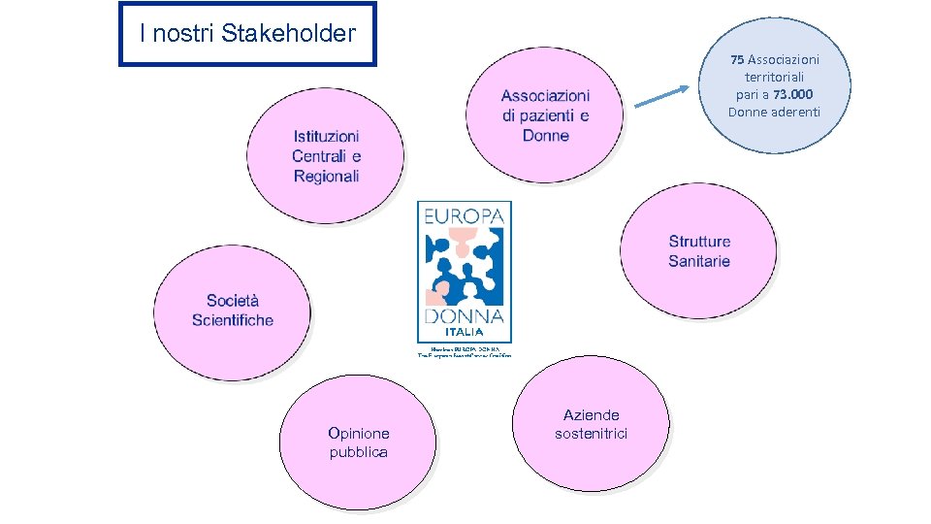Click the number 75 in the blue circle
tap(738, 59)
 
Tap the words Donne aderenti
tap(774, 112)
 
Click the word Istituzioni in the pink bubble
tap(326, 137)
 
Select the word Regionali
tap(326, 177)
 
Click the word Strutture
tap(699, 242)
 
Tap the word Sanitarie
tap(699, 261)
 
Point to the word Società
tap(233, 301)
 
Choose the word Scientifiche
tap(233, 320)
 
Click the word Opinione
tap(358, 433)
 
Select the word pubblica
tap(358, 452)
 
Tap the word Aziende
tap(591, 414)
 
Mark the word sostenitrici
tap(591, 434)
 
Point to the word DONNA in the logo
tap(464, 316)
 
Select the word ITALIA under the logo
tap(464, 332)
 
